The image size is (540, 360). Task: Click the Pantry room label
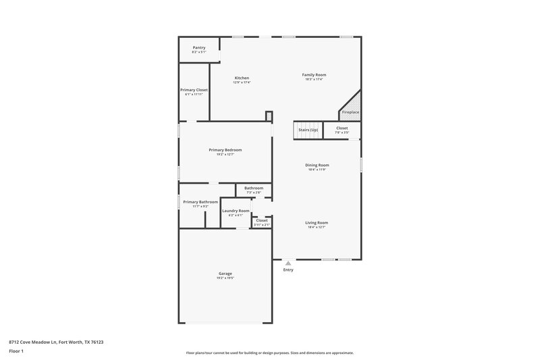click(x=198, y=47)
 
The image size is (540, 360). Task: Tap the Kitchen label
click(x=242, y=78)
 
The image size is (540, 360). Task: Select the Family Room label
click(x=314, y=74)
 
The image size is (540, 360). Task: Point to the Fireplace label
click(x=350, y=112)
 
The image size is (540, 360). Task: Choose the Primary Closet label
click(x=194, y=90)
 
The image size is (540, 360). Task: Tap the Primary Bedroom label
click(x=225, y=150)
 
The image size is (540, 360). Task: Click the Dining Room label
click(x=317, y=165)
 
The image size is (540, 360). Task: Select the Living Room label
click(x=317, y=223)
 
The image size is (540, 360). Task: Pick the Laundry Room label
click(x=236, y=211)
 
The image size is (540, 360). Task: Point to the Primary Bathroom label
click(x=200, y=202)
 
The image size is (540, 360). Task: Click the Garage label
click(x=225, y=274)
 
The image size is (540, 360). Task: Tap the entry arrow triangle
click(x=288, y=263)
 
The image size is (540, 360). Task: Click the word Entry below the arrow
click(x=288, y=270)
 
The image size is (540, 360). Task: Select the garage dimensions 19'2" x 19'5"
click(x=225, y=278)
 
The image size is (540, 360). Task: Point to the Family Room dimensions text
click(x=314, y=79)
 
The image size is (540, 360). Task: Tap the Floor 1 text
click(x=16, y=351)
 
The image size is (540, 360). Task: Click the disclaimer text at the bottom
click(x=269, y=353)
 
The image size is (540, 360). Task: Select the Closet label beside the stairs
click(x=342, y=128)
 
